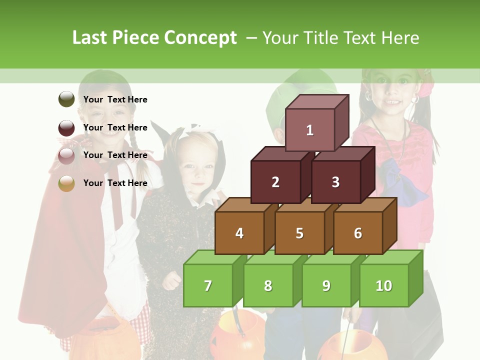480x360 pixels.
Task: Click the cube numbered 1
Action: [x=310, y=130]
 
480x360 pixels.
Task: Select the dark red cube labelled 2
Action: [x=275, y=182]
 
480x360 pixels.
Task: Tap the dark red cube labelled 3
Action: [x=335, y=182]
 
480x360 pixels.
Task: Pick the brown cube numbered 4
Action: [x=239, y=233]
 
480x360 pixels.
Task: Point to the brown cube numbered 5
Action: [x=299, y=233]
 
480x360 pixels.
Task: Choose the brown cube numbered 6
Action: [x=358, y=233]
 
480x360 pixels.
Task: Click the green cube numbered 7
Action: [x=208, y=285]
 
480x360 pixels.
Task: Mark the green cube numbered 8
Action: [x=268, y=285]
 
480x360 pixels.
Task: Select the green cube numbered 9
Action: [x=326, y=285]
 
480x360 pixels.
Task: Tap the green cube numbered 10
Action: [x=384, y=285]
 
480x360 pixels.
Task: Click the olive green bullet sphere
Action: [x=66, y=99]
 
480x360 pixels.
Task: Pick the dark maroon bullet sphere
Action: [x=66, y=127]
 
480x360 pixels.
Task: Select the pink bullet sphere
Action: [x=66, y=155]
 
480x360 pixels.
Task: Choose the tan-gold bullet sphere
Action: [x=66, y=183]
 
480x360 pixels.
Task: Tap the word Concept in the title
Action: [x=200, y=38]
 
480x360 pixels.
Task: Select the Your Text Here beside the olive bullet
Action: [x=115, y=99]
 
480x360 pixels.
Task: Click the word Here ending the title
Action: [x=400, y=38]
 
